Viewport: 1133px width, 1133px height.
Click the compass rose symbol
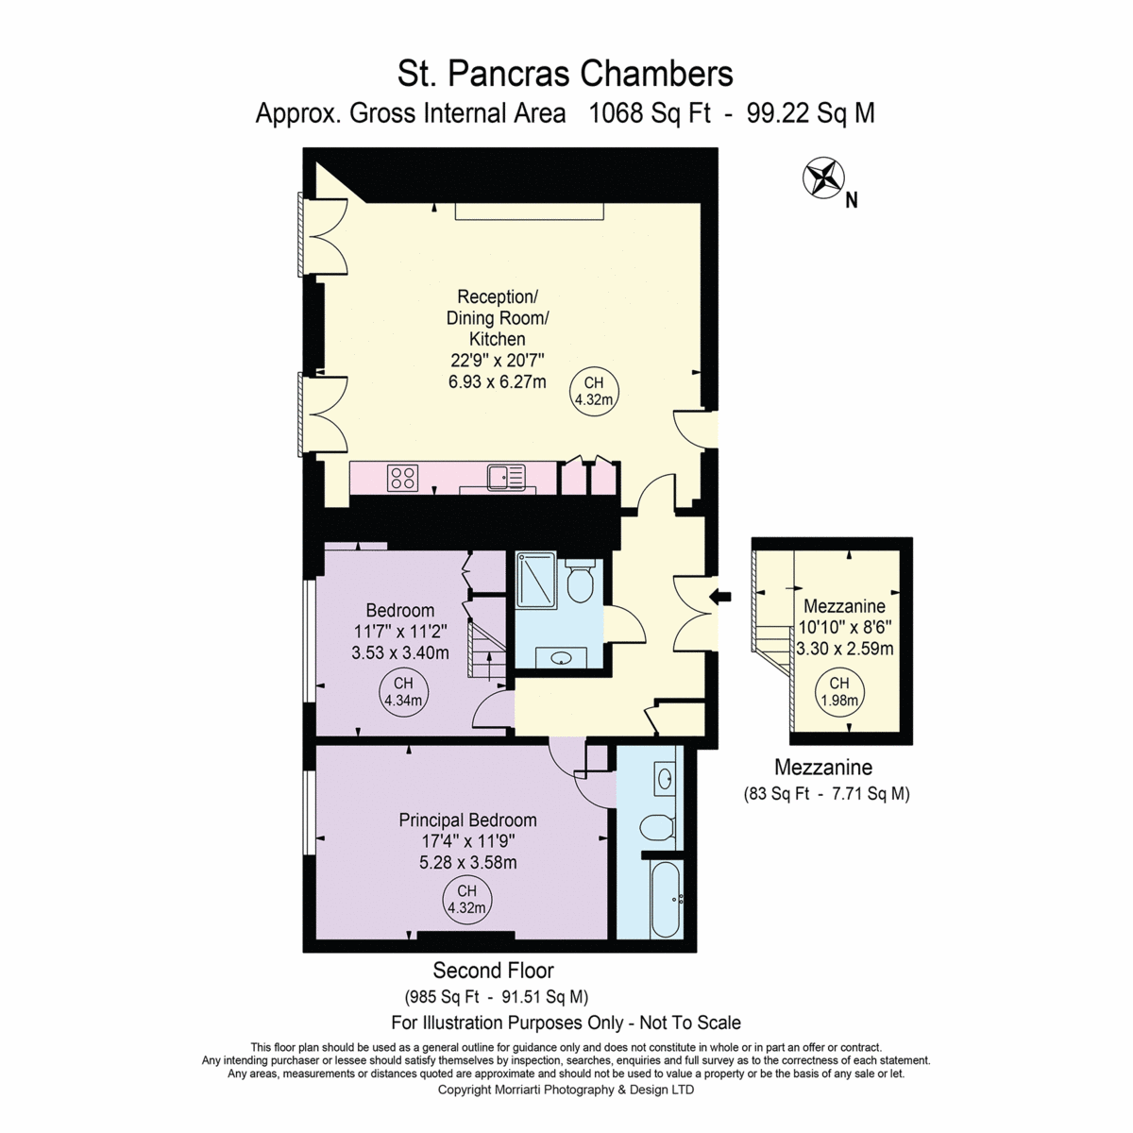823,178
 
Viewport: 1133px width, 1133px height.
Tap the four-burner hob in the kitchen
403,478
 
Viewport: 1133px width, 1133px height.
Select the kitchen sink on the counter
506,478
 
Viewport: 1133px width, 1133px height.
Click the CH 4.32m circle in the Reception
594,391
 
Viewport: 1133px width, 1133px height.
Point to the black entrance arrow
720,597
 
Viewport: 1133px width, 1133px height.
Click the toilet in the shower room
581,581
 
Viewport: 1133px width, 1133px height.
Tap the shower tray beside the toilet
535,580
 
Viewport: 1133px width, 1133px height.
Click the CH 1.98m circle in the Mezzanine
839,691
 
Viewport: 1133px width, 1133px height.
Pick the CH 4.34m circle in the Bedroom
403,691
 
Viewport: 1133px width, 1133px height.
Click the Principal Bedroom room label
467,820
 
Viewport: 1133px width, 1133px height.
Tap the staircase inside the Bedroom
487,649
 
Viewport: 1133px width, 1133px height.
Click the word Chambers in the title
657,75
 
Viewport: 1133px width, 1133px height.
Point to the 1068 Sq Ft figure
650,113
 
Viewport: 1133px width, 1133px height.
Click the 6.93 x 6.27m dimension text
497,381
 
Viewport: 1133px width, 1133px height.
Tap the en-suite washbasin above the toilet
665,779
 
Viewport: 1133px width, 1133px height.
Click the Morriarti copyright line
566,1090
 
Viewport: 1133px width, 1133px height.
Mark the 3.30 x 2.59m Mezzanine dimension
845,649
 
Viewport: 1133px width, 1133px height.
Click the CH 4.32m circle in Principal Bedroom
466,901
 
